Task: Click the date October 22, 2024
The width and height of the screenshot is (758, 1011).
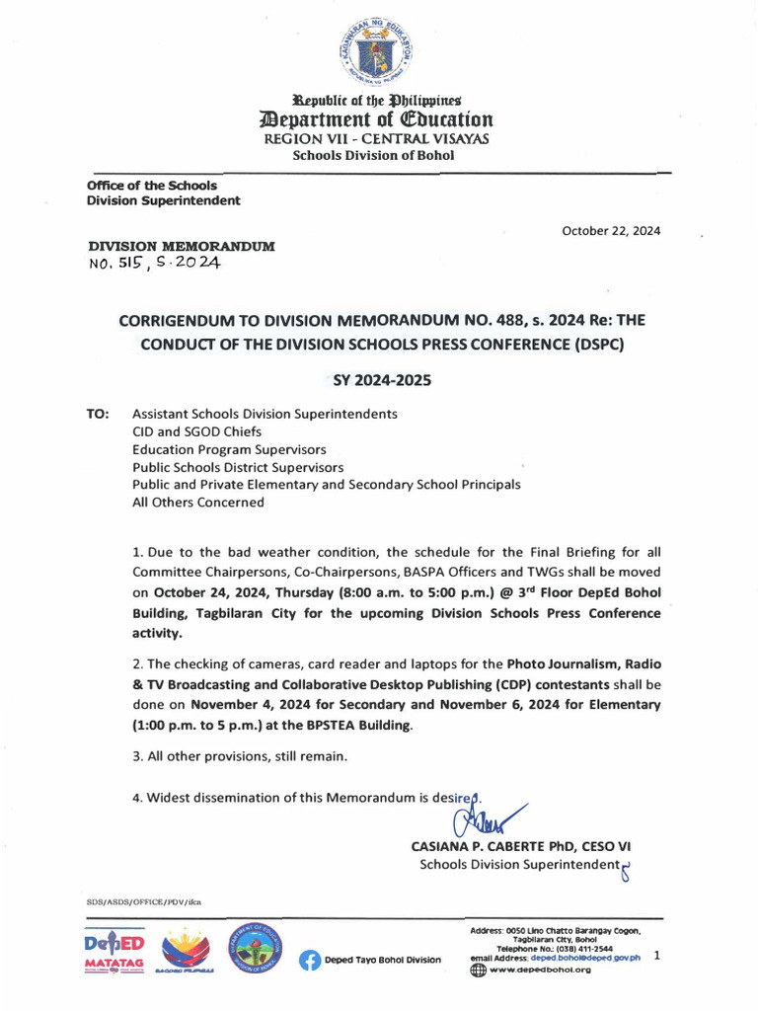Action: (611, 231)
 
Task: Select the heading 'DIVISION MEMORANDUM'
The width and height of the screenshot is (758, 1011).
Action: (182, 245)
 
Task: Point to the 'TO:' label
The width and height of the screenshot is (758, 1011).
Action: (99, 414)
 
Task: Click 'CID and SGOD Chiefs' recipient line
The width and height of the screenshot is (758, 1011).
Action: (200, 431)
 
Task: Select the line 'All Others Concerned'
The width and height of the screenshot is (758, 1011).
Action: (198, 503)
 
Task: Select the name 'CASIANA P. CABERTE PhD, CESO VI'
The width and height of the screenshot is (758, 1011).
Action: (520, 846)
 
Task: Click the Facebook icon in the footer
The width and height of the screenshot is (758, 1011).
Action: (310, 960)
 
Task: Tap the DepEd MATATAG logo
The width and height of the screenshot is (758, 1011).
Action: (114, 952)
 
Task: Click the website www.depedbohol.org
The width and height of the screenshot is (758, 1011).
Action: (540, 970)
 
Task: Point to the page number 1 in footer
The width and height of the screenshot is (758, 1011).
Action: (657, 956)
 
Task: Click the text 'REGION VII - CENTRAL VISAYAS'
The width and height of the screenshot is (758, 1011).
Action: (378, 139)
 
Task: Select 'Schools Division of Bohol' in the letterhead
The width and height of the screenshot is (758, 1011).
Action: (379, 156)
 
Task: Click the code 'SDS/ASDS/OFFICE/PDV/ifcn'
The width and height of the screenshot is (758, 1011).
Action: (143, 901)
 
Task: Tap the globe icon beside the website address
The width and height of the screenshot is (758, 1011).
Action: (478, 970)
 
